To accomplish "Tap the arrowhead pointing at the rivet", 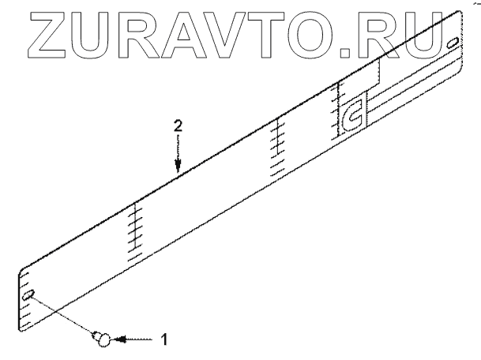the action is [116, 339].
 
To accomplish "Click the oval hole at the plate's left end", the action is [30, 295].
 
